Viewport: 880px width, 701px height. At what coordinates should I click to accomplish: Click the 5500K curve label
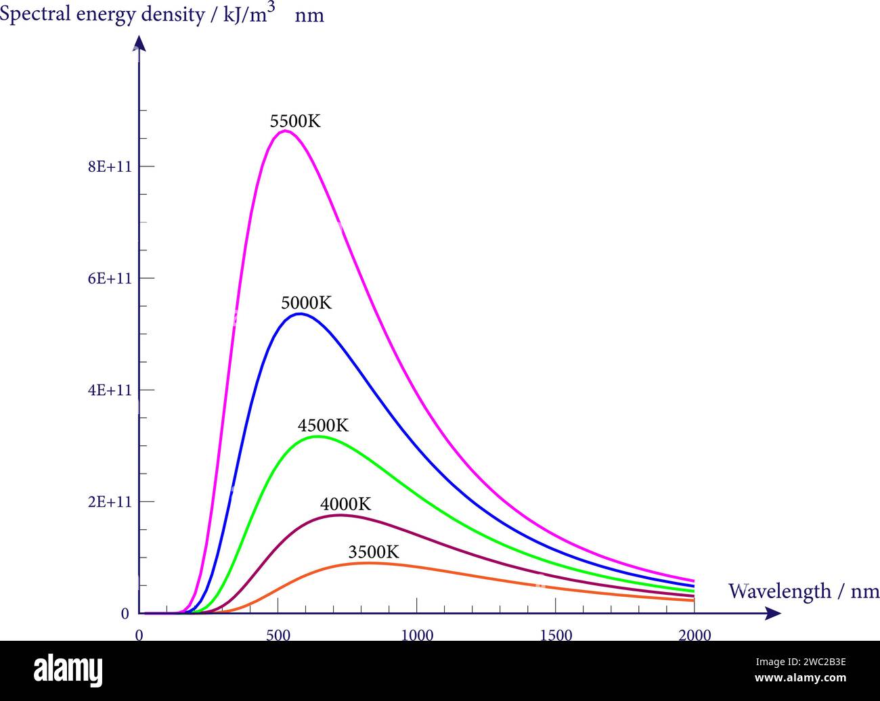point(295,121)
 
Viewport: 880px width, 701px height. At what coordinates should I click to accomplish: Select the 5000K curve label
point(307,302)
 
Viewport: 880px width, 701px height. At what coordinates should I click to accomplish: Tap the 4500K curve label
point(323,426)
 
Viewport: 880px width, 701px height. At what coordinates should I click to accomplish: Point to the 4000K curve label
point(345,504)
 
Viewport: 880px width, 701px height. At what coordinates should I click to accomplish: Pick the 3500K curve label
point(374,552)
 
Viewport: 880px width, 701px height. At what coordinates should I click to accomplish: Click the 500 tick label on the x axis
point(278,635)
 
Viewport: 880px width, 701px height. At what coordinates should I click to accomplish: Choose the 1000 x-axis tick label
point(417,635)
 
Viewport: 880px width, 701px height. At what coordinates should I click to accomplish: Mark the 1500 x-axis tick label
point(556,635)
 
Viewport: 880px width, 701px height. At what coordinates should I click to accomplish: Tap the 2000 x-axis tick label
point(695,635)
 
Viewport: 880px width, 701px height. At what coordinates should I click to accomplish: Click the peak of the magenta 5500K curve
point(286,131)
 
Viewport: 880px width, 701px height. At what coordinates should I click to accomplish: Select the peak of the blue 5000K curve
point(300,314)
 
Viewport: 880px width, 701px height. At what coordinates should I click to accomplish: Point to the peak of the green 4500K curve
point(317,436)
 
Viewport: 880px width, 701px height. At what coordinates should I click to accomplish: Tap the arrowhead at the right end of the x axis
point(773,614)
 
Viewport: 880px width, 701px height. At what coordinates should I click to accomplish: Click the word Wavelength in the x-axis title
point(779,591)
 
